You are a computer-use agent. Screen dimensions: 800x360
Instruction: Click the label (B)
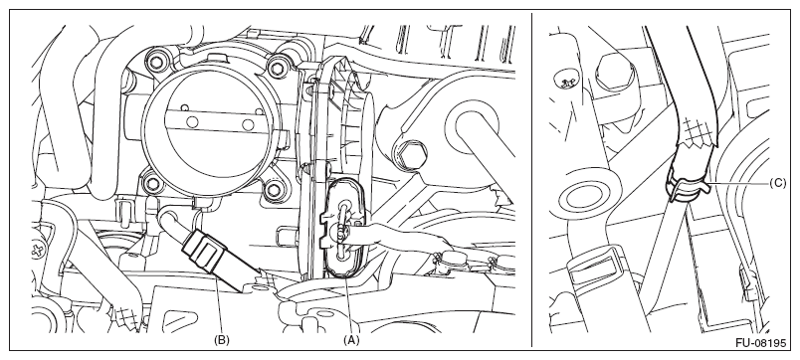[222, 339]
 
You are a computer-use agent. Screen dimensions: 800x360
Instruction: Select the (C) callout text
[777, 183]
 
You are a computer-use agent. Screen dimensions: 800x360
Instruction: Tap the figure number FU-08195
[761, 343]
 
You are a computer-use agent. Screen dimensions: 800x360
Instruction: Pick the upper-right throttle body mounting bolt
[277, 67]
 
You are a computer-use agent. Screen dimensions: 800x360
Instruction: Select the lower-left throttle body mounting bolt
[152, 182]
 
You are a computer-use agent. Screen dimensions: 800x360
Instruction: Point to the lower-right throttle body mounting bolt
[275, 190]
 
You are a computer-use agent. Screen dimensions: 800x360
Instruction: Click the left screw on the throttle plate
[192, 122]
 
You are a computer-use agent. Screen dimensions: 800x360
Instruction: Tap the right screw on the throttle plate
[248, 125]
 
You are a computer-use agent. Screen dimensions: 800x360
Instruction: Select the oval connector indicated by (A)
[343, 228]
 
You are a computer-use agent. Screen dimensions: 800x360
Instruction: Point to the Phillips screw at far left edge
[38, 251]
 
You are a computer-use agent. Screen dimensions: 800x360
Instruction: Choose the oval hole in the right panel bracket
[586, 197]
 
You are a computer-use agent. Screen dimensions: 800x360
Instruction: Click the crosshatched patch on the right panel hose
[696, 129]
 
